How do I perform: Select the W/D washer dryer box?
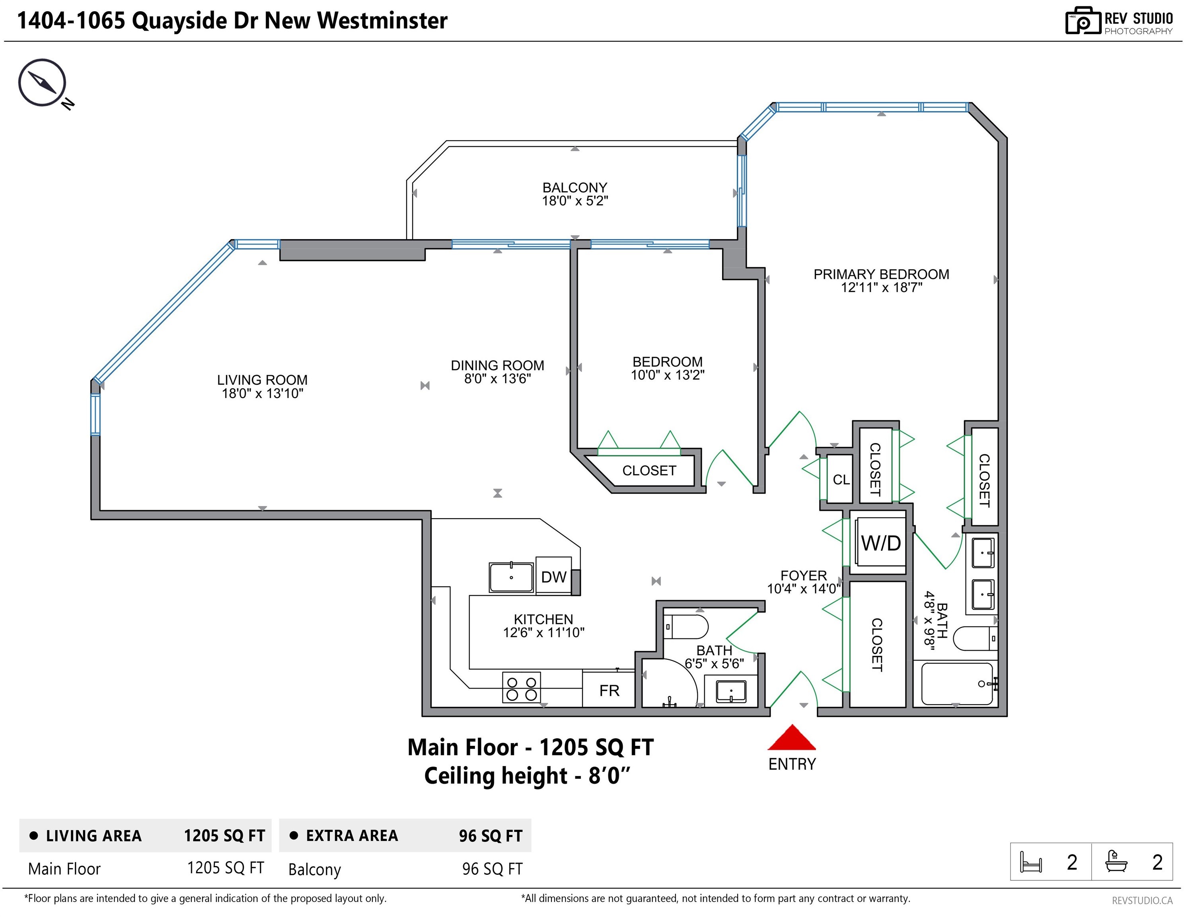coord(881,542)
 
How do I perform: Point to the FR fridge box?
coord(609,690)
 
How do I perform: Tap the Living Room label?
coord(263,380)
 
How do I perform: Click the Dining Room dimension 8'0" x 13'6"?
coord(497,379)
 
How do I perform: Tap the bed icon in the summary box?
coord(1030,862)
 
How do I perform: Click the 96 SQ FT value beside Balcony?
coord(492,869)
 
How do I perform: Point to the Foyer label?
coord(803,576)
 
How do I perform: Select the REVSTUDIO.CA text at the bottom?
coord(1142,901)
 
